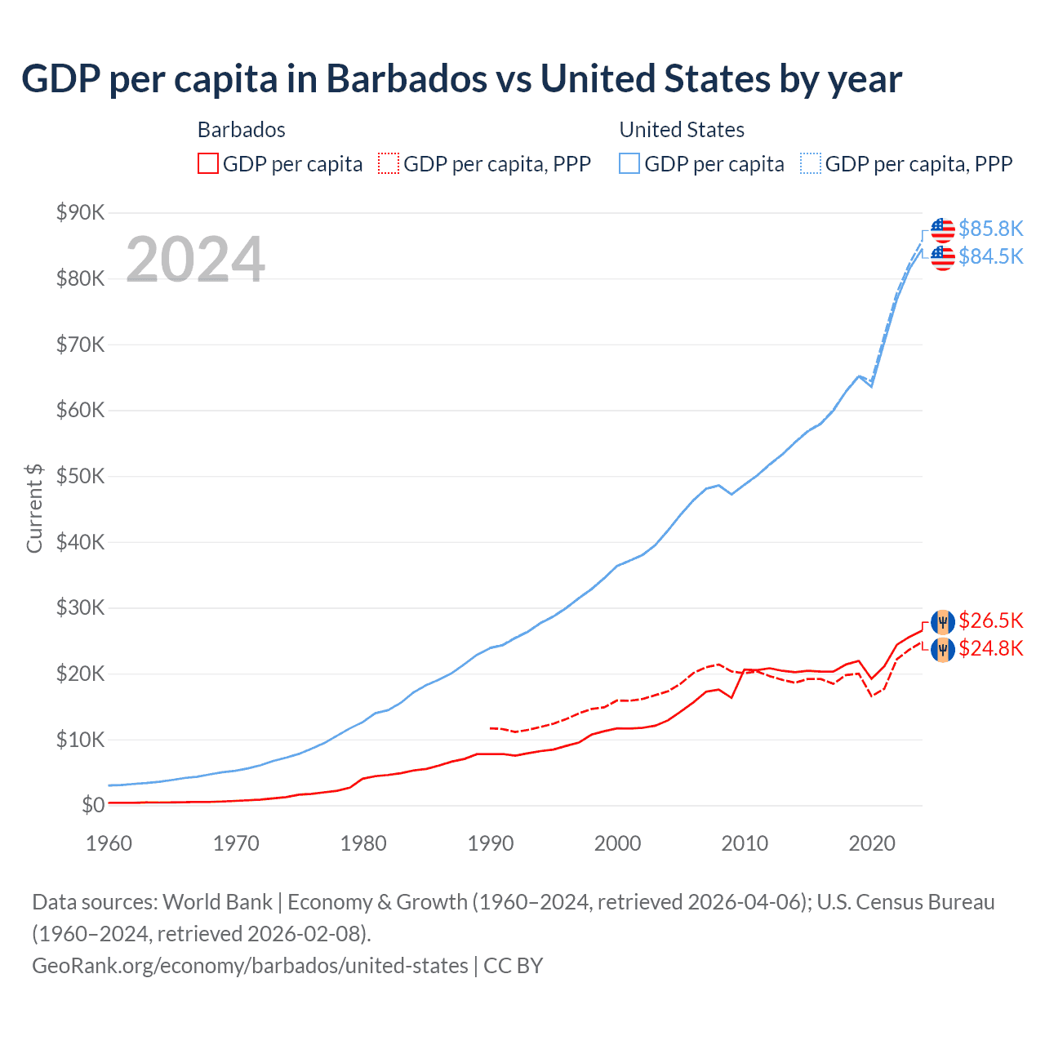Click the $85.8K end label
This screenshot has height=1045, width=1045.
click(990, 229)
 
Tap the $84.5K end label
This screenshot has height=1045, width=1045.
click(990, 256)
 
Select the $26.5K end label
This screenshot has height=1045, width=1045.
click(990, 620)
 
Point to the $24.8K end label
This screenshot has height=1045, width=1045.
click(990, 648)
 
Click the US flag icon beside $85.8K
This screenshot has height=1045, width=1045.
click(943, 229)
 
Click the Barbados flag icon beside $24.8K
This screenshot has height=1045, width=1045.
click(943, 650)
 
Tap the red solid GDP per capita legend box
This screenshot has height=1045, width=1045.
click(208, 164)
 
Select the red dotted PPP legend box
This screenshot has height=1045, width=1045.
click(389, 164)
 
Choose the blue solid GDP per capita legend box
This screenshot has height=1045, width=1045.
click(629, 164)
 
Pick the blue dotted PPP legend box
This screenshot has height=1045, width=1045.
click(811, 164)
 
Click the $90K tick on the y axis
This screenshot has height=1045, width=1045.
click(80, 213)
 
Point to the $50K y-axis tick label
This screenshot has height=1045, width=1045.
click(80, 477)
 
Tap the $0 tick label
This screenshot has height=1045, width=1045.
click(93, 806)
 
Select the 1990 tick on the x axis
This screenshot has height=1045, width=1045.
click(490, 843)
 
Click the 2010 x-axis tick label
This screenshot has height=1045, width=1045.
click(745, 843)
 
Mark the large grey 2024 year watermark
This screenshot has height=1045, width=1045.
click(195, 260)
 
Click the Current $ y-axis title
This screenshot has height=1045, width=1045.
click(34, 508)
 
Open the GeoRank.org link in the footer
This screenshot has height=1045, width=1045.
click(250, 966)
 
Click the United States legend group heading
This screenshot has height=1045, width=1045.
click(682, 130)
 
